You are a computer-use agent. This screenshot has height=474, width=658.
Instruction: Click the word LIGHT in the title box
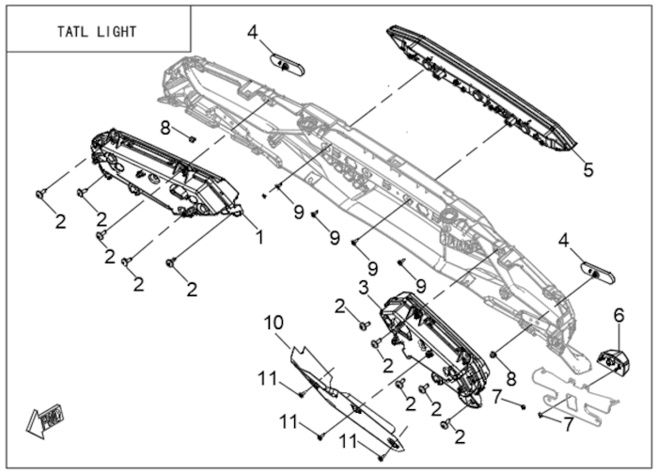[x=115, y=32]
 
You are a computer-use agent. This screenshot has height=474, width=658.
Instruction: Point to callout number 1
[x=260, y=237]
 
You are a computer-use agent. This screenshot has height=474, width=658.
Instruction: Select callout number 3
[x=364, y=286]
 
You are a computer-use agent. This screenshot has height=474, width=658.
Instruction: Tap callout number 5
[x=588, y=170]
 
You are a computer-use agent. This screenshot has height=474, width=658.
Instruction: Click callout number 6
[x=619, y=314]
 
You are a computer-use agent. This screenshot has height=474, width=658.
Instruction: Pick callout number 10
[x=273, y=323]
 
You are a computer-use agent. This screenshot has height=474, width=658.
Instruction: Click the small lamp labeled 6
[x=616, y=360]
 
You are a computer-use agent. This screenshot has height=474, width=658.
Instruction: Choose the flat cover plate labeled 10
[x=347, y=401]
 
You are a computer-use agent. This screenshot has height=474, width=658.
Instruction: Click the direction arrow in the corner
[x=45, y=419]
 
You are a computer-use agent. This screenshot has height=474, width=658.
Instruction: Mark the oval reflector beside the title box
[x=286, y=64]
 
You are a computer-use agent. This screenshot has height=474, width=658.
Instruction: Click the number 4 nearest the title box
[x=252, y=33]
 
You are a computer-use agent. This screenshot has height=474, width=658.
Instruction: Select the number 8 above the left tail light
[x=164, y=128]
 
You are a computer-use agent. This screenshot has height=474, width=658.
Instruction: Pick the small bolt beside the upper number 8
[x=192, y=139]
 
